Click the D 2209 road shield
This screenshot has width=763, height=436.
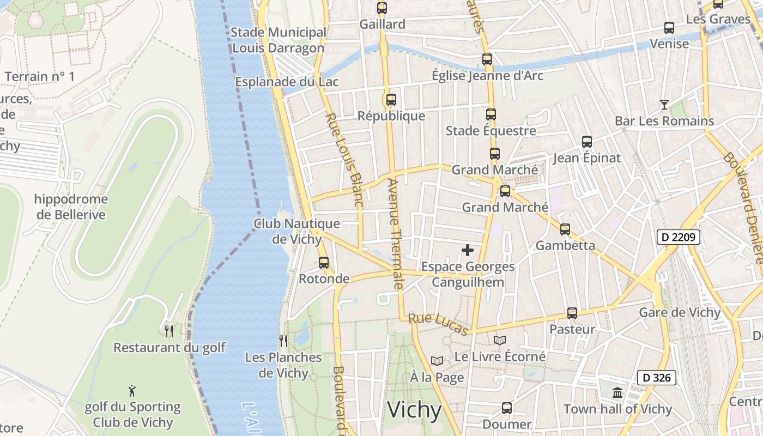pyautogui.click(x=678, y=237)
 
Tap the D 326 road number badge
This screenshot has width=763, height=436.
pyautogui.click(x=656, y=378)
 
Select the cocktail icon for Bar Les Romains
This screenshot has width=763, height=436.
pyautogui.click(x=664, y=104)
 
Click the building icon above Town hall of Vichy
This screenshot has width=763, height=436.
pyautogui.click(x=617, y=392)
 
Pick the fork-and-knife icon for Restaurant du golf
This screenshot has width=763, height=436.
pyautogui.click(x=169, y=331)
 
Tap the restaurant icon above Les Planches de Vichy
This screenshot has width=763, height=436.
pyautogui.click(x=283, y=341)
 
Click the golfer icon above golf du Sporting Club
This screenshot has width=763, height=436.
pyautogui.click(x=132, y=390)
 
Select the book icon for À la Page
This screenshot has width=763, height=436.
pyautogui.click(x=437, y=361)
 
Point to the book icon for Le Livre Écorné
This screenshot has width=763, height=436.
pyautogui.click(x=500, y=341)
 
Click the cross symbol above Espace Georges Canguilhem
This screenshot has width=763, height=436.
pyautogui.click(x=468, y=250)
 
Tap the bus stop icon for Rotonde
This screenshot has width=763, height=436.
pyautogui.click(x=324, y=263)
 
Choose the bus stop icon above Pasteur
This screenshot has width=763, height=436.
pyautogui.click(x=572, y=313)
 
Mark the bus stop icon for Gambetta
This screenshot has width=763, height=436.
pyautogui.click(x=565, y=229)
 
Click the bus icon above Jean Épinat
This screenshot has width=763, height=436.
pyautogui.click(x=587, y=142)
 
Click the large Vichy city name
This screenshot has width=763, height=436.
pyautogui.click(x=414, y=410)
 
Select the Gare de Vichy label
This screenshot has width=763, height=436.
pyautogui.click(x=680, y=313)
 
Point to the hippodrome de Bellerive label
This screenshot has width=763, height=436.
pyautogui.click(x=71, y=207)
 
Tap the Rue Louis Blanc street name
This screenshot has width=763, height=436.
pyautogui.click(x=343, y=159)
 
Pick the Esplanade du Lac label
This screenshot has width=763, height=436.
pyautogui.click(x=287, y=82)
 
